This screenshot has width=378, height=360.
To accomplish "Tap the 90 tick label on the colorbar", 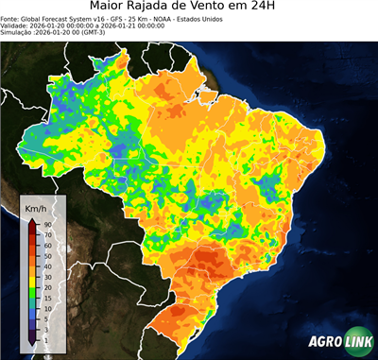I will click(x=47, y=224).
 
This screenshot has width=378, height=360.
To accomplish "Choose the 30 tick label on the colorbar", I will click(x=47, y=273).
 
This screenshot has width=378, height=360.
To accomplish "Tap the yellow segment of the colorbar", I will click(x=32, y=274).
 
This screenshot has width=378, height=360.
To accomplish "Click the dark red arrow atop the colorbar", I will click(x=32, y=221).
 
